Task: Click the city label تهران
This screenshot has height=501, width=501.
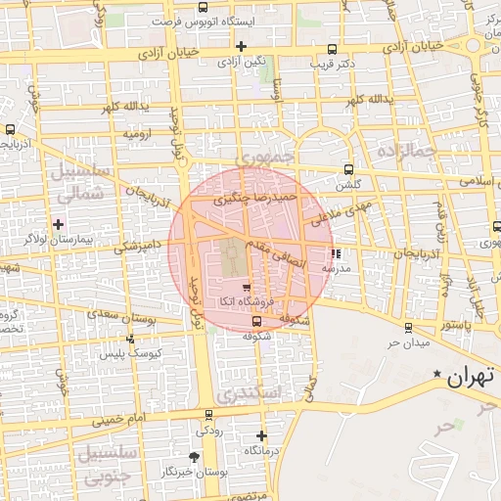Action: point(470,378)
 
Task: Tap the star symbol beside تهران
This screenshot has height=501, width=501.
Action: point(437,374)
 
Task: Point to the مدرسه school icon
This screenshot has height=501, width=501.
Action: point(338,252)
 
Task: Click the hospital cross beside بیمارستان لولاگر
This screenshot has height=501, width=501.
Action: point(60,224)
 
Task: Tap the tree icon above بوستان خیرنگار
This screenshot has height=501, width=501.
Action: point(196,457)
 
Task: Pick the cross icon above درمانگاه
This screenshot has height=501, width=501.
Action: point(261,435)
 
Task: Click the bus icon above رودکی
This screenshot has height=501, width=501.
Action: point(207,415)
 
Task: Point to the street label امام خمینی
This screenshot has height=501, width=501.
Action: point(122,421)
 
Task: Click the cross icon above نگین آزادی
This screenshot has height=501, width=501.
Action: point(241,46)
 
